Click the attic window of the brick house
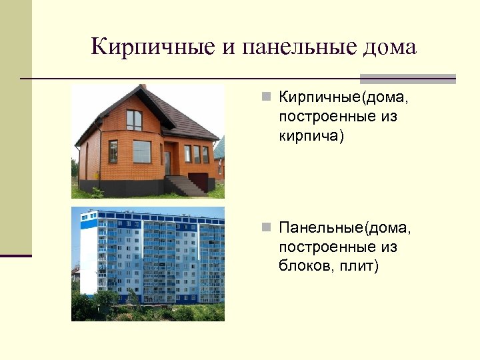tap(134, 119)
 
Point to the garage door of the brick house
tap(199, 181)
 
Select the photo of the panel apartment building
tap(148, 264)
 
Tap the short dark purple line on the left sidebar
tap(16, 255)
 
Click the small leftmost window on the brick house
tap(113, 151)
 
